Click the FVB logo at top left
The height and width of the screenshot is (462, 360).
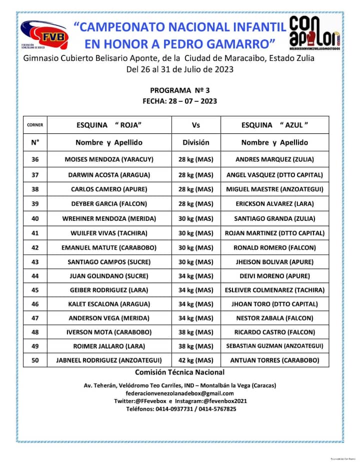pos(46,36)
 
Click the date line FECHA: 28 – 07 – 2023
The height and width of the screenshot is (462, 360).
pos(179,101)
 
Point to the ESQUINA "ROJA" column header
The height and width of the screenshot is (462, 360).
pos(109,125)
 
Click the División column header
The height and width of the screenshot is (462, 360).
pos(196,142)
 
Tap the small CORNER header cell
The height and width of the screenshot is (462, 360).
pos(35,125)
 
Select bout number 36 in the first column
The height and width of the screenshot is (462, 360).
pos(35,160)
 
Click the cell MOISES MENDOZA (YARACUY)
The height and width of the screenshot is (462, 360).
pos(109,160)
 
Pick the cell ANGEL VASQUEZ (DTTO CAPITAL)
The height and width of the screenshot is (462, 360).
pos(274,175)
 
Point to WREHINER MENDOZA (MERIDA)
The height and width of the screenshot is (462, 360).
pos(109,218)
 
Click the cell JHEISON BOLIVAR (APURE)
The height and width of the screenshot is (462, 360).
pos(274,262)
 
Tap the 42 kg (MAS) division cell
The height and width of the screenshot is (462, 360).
pos(196,360)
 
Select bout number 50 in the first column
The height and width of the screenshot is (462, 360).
pos(35,360)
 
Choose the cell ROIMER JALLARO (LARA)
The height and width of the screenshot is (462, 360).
pos(109,346)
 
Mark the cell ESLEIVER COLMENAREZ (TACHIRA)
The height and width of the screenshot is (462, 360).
pos(274,290)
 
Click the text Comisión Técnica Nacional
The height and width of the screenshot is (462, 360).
pos(179,372)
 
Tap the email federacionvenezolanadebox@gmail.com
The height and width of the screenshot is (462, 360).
pos(179,393)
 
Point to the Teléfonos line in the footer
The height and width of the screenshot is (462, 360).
pos(179,409)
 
